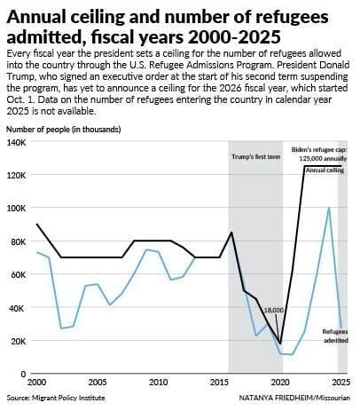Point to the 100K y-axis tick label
(x=17, y=208)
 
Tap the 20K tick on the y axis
(x=17, y=341)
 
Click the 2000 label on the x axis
(x=36, y=383)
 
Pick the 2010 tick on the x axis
(x=159, y=383)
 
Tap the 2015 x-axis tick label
(x=219, y=383)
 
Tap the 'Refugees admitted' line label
(x=335, y=336)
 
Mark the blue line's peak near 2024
(x=329, y=208)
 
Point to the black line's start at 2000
(x=36, y=225)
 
